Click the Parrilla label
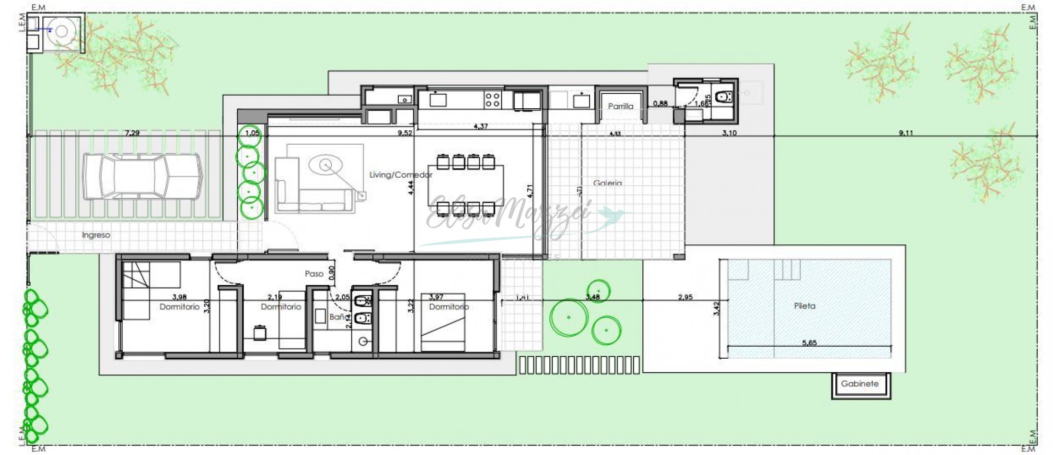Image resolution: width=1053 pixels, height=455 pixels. pyautogui.click(x=620, y=106)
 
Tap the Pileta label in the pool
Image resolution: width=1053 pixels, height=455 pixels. pyautogui.click(x=804, y=306)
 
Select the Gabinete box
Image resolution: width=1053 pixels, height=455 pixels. pyautogui.click(x=859, y=384)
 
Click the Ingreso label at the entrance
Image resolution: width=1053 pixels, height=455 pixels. pyautogui.click(x=96, y=235)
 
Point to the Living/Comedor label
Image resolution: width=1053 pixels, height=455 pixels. pyautogui.click(x=401, y=175)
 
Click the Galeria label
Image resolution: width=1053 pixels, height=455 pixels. pyautogui.click(x=607, y=183)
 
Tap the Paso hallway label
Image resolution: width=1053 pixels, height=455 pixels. pyautogui.click(x=314, y=273)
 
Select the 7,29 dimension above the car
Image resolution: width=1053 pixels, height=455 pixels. pyautogui.click(x=132, y=133)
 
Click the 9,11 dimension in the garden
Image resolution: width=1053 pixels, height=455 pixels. pyautogui.click(x=905, y=133)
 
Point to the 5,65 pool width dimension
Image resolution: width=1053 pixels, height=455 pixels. pyautogui.click(x=809, y=342)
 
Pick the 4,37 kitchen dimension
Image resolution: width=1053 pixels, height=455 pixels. pyautogui.click(x=480, y=126)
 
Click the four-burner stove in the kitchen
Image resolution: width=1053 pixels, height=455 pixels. pyautogui.click(x=492, y=100)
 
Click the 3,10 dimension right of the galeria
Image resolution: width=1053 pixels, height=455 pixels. pyautogui.click(x=729, y=133)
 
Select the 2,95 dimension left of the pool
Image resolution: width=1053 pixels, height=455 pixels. pyautogui.click(x=685, y=297)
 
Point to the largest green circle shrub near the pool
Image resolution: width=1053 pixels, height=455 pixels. pyautogui.click(x=568, y=317)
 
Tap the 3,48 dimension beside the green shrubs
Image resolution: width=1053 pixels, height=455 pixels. pyautogui.click(x=592, y=297)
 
